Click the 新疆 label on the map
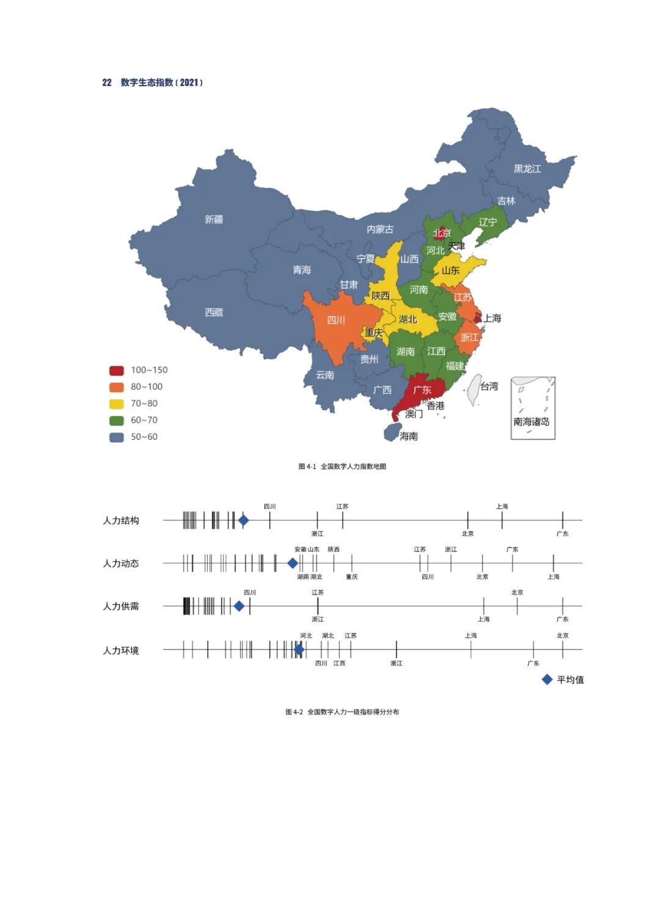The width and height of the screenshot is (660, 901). point(214,219)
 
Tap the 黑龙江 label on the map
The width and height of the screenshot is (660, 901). point(527,169)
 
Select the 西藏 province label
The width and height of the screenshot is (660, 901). point(214,312)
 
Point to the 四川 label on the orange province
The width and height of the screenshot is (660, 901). point(336,320)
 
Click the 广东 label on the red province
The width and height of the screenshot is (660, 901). point(422,390)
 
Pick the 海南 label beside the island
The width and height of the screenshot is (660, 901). point(409,436)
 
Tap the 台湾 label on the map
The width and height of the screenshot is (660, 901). point(489,386)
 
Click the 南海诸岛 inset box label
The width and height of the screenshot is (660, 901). point(531,421)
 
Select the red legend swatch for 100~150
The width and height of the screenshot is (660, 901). point(117,370)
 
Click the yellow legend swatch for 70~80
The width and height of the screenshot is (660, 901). point(117,404)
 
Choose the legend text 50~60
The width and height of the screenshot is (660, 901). point(144,437)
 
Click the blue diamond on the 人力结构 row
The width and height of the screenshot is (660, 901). point(243,520)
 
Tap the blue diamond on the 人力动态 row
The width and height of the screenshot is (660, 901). point(293,563)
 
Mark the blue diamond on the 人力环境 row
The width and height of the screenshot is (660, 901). point(299,649)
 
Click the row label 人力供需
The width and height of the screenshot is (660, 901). point(121,606)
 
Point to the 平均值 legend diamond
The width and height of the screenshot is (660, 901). point(548,679)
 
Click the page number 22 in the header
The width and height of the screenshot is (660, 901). point(107,82)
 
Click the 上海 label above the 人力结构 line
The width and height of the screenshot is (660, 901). point(502,506)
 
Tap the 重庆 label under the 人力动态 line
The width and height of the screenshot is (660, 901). point(351,577)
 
